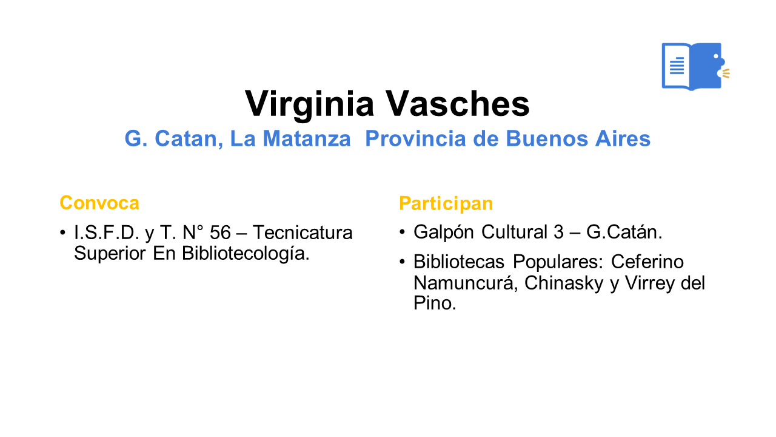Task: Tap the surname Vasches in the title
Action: pos(457,104)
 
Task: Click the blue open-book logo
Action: pos(695,66)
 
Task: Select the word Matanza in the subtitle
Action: pos(307,139)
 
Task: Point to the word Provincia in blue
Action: pos(416,139)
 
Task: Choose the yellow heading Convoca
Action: pos(99,203)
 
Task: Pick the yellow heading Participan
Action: pos(446,203)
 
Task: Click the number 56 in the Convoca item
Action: pos(220,232)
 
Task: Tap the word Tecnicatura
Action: pos(303,232)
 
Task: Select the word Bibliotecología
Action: pos(246,254)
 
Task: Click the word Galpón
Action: pos(443,232)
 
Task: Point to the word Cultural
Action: pos(514,232)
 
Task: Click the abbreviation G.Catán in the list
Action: pos(624,232)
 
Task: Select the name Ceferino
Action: pos(647,262)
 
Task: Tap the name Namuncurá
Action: pos(465,283)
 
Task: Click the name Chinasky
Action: pos(564,283)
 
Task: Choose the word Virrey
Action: pos(650,283)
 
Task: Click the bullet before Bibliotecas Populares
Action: pos(402,261)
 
